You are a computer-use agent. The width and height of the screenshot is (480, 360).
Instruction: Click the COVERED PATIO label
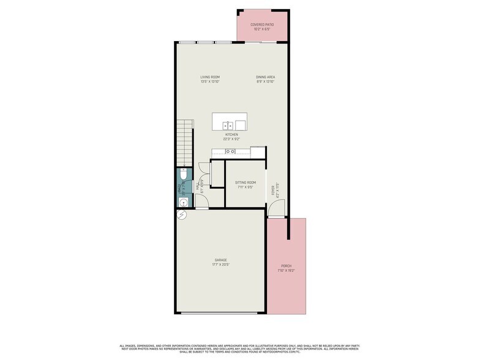[261, 24]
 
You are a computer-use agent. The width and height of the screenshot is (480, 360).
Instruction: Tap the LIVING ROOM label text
[209, 77]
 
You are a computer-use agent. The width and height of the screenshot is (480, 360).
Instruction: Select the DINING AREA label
[265, 77]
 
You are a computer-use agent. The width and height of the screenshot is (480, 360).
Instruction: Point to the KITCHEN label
[231, 135]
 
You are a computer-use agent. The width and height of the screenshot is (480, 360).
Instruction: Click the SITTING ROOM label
[246, 182]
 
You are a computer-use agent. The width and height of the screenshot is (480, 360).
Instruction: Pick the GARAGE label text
[220, 260]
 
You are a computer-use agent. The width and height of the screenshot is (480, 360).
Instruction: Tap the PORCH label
[285, 266]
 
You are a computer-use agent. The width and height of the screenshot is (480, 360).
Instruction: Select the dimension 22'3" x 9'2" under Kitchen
[231, 139]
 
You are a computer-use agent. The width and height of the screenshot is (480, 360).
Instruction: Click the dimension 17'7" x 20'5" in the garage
[220, 264]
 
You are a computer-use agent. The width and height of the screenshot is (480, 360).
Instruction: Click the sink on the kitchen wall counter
[230, 151]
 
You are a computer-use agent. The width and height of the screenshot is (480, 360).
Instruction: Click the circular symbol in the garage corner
[181, 214]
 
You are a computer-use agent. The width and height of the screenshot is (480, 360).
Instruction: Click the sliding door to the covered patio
[261, 42]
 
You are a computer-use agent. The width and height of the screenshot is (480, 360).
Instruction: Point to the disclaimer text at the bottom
[239, 348]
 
